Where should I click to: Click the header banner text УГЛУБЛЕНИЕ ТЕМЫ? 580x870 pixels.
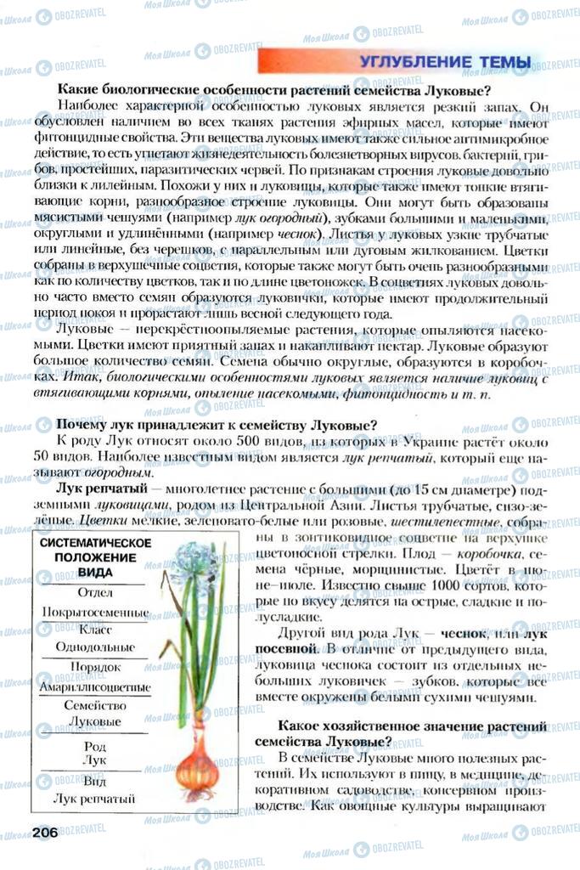click(x=445, y=62)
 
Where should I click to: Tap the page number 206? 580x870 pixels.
click(x=43, y=832)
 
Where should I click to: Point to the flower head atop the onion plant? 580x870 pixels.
click(x=193, y=560)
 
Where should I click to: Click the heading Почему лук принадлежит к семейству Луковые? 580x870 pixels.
click(x=216, y=425)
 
